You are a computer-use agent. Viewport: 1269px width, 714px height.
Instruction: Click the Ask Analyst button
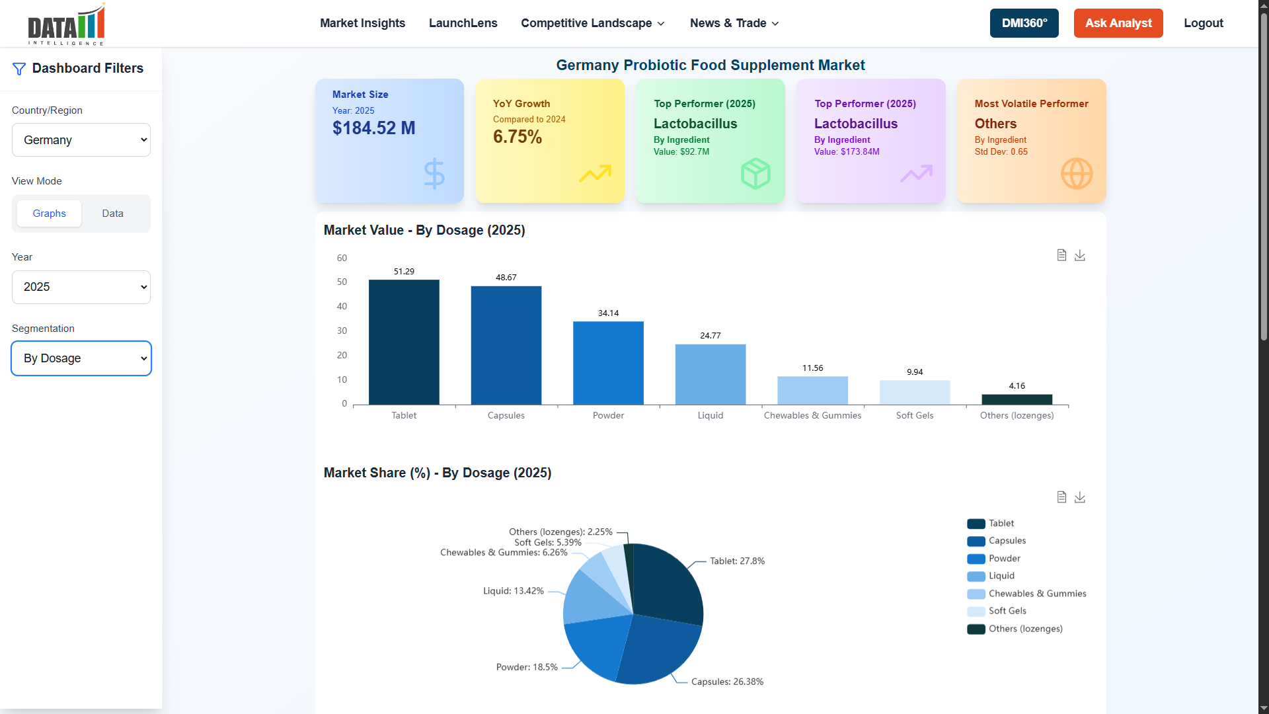pyautogui.click(x=1118, y=23)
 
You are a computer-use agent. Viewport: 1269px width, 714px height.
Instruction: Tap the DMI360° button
pyautogui.click(x=1024, y=23)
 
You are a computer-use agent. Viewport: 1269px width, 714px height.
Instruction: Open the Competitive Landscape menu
pyautogui.click(x=592, y=23)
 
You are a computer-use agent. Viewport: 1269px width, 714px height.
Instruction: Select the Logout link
pyautogui.click(x=1203, y=23)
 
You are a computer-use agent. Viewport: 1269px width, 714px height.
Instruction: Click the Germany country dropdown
pyautogui.click(x=81, y=140)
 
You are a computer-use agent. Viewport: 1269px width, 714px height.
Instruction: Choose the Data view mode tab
pyautogui.click(x=112, y=214)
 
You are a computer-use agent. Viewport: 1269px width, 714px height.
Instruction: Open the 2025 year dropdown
pyautogui.click(x=81, y=287)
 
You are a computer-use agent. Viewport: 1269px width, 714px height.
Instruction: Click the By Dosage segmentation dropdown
pyautogui.click(x=81, y=358)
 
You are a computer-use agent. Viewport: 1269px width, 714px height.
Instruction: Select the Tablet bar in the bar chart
pyautogui.click(x=404, y=342)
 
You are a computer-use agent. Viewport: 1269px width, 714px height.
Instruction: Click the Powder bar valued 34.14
pyautogui.click(x=608, y=363)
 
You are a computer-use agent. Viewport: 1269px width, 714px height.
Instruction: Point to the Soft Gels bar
pyautogui.click(x=915, y=393)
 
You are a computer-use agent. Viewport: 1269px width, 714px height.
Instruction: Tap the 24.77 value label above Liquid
pyautogui.click(x=711, y=336)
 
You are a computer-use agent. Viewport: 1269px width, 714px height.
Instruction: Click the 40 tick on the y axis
pyautogui.click(x=342, y=307)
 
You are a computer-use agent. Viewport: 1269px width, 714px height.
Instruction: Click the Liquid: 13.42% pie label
pyautogui.click(x=513, y=591)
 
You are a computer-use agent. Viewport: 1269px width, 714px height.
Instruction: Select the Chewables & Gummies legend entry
pyautogui.click(x=1036, y=594)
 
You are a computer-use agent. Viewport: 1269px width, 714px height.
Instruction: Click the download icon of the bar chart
pyautogui.click(x=1079, y=255)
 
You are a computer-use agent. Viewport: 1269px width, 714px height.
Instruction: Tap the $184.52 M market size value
pyautogui.click(x=373, y=128)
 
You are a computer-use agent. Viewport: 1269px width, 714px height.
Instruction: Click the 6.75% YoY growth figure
pyautogui.click(x=517, y=137)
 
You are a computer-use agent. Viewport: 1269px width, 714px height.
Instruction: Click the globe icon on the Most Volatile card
pyautogui.click(x=1076, y=174)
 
